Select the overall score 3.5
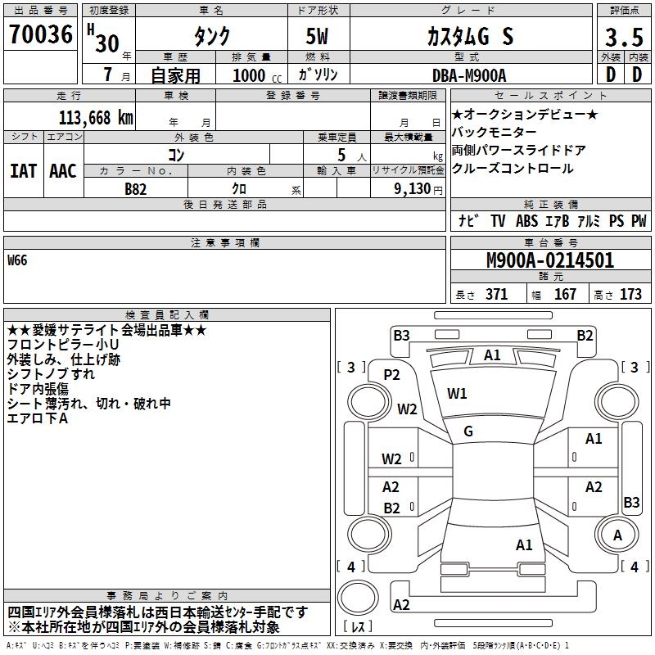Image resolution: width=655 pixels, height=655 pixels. [623, 37]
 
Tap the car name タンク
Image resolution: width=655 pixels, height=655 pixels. [210, 37]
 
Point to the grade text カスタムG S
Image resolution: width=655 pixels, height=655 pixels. [470, 37]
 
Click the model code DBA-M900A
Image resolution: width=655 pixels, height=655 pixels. [469, 75]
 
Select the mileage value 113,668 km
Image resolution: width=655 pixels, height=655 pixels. [96, 118]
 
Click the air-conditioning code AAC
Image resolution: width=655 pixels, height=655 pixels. [62, 170]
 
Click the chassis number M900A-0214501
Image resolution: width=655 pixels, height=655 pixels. [550, 261]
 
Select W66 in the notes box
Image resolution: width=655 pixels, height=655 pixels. [18, 261]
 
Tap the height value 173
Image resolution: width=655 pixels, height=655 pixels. [630, 295]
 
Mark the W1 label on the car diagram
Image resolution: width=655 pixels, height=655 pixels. [457, 394]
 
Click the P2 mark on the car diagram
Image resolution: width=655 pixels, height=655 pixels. [391, 375]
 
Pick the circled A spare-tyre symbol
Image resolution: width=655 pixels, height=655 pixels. [617, 535]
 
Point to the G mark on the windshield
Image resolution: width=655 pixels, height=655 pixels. [468, 431]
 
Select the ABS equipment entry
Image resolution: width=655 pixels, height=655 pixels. [526, 221]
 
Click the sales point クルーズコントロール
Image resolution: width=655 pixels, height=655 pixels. [513, 169]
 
